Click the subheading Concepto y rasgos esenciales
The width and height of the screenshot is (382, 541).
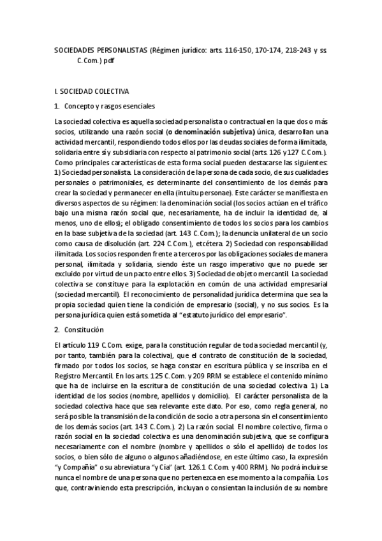[109, 106]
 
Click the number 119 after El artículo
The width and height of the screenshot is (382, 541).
[75, 345]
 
